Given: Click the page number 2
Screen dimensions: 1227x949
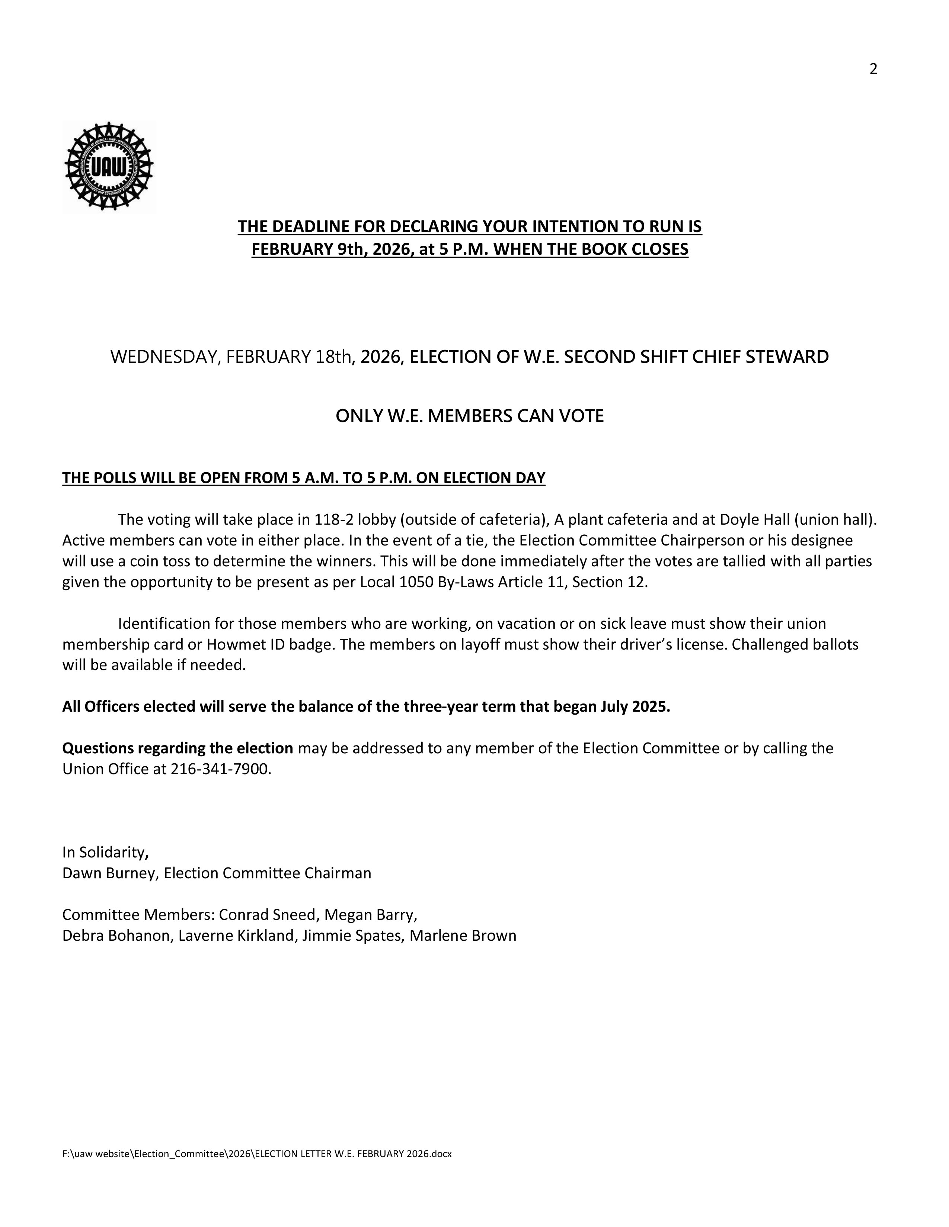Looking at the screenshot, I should tap(873, 69).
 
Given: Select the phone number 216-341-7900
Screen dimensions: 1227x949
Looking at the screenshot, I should tap(219, 769).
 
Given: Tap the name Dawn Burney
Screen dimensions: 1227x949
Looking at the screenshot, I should tap(109, 873).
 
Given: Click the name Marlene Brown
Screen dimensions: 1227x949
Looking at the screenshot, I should tap(463, 935).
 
